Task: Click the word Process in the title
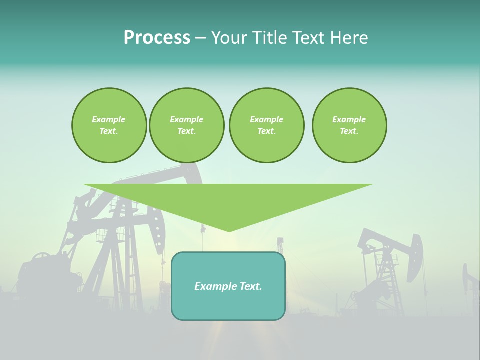(157, 38)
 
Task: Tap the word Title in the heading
(269, 38)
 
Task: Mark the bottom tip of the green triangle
(229, 231)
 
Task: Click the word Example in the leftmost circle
(109, 119)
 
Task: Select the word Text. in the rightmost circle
(349, 131)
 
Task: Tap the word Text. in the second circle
(186, 131)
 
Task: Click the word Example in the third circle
(266, 119)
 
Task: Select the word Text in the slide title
(308, 38)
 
